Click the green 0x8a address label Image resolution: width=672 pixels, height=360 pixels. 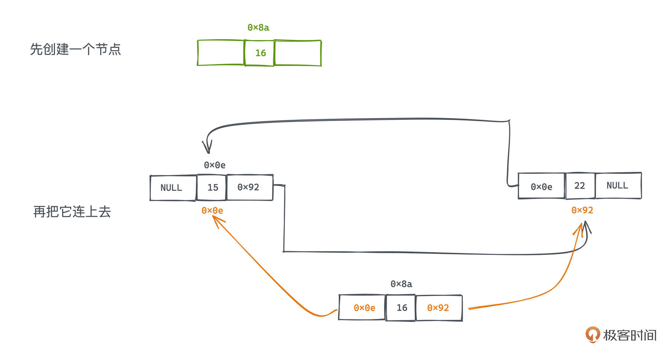[x=258, y=28]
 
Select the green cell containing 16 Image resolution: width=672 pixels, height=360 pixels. [x=259, y=53]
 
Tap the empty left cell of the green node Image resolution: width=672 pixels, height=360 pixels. [x=220, y=53]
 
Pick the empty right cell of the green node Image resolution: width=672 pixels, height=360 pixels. [x=298, y=53]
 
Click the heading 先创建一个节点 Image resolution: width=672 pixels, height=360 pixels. [x=75, y=49]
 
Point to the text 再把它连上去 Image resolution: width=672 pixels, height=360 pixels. [x=72, y=212]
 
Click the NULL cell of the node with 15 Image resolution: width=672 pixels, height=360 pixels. [x=173, y=188]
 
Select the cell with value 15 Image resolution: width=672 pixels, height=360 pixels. [x=212, y=188]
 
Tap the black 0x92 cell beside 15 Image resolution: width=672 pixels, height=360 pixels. [x=249, y=187]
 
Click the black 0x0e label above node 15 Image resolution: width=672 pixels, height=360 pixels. [x=215, y=165]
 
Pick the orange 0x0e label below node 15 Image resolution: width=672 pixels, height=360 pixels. [x=212, y=210]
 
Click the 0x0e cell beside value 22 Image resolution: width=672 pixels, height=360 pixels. [x=541, y=187]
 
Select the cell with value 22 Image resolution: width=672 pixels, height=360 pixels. [x=580, y=186]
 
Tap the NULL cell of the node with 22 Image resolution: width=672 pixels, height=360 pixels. [x=618, y=186]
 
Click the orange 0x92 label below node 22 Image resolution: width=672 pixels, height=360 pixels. [x=582, y=210]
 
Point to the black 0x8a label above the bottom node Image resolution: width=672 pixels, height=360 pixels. [x=401, y=284]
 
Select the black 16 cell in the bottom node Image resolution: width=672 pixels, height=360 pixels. [x=401, y=308]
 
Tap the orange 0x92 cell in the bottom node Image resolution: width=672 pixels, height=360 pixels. [x=438, y=308]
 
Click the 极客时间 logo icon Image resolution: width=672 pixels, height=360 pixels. [x=592, y=334]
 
